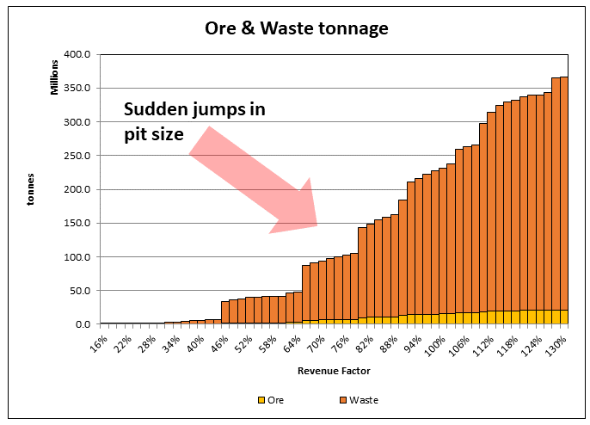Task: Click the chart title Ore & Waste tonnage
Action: pos(296,28)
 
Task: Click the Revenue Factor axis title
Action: pos(335,371)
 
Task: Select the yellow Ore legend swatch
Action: pos(261,400)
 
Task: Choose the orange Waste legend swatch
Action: pos(343,400)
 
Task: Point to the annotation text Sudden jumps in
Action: pos(194,109)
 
